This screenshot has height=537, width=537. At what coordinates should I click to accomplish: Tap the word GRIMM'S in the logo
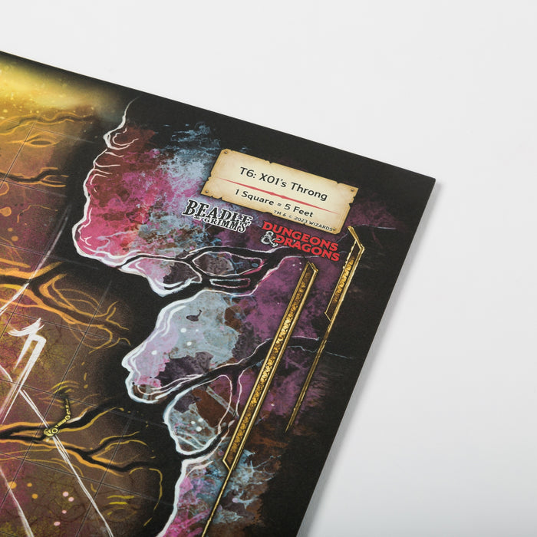226,224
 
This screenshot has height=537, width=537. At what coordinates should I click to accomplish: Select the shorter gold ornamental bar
328,321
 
